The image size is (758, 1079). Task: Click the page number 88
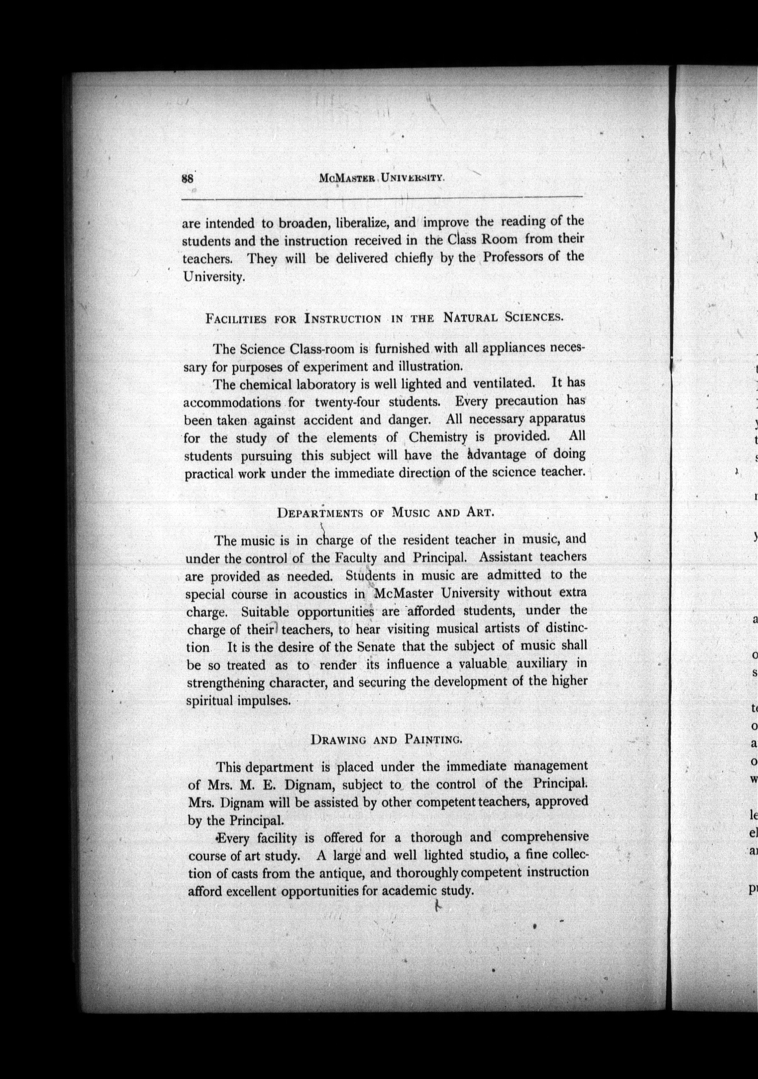187,179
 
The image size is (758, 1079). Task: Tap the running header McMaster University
381,178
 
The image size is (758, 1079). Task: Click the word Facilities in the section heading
236,319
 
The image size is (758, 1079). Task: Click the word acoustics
321,594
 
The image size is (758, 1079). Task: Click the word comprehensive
544,837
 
